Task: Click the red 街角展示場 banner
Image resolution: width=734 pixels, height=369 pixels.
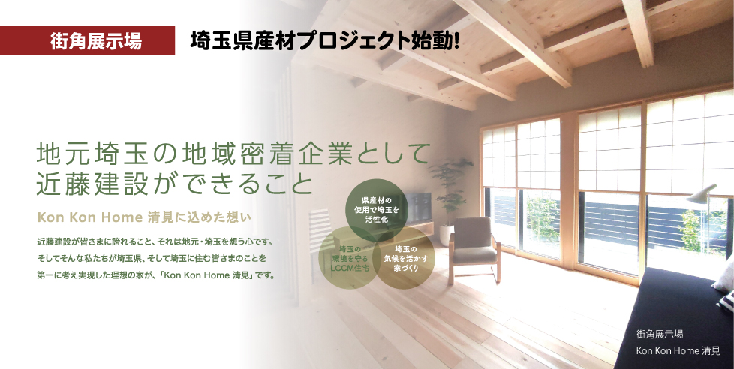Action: click(88, 40)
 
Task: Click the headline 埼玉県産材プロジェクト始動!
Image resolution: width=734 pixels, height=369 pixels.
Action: click(324, 41)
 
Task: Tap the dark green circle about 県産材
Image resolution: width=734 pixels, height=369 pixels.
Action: click(377, 210)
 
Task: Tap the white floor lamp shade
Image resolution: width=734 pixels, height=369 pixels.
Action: click(701, 193)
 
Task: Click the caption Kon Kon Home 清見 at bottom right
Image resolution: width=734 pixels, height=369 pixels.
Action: click(678, 350)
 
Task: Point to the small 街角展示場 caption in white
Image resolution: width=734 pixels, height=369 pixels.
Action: click(659, 334)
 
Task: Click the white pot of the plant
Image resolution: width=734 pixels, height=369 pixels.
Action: click(446, 235)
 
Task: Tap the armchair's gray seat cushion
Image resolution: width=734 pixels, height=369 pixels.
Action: click(474, 255)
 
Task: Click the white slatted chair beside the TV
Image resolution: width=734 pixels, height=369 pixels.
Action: click(322, 234)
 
